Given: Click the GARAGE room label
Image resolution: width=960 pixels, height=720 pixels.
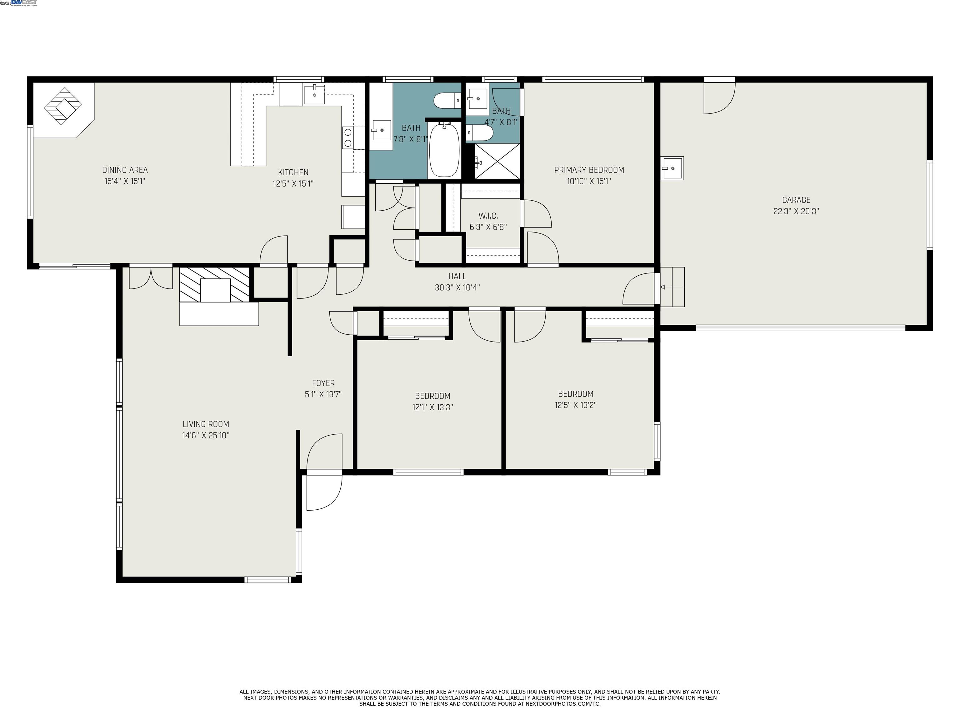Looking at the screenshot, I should point(796,200).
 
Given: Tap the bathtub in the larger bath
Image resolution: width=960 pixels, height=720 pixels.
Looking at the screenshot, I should point(444,150).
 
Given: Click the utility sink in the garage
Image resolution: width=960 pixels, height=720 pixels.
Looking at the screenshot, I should point(672,168).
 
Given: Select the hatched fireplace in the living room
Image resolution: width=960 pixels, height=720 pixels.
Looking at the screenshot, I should point(215,285).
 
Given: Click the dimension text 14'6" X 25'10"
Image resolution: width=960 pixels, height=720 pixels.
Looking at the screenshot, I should point(206,435).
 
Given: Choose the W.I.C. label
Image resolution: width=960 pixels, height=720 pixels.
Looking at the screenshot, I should point(488,216).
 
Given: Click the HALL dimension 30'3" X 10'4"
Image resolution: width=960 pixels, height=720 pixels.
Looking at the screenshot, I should point(457,287).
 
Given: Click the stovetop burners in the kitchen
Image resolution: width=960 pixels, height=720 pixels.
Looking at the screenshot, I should point(347,137).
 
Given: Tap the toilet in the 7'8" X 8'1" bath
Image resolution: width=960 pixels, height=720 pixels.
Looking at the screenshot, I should point(447,101).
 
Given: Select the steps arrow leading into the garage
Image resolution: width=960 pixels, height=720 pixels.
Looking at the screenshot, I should point(663,287).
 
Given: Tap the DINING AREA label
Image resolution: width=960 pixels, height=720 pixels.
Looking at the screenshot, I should point(125,170).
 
